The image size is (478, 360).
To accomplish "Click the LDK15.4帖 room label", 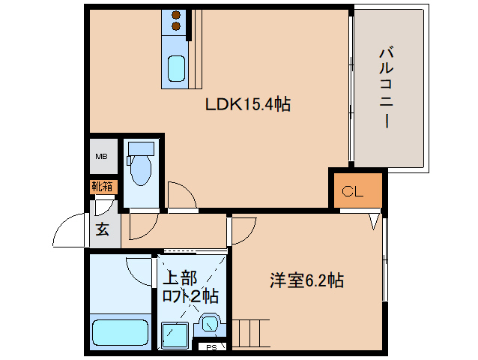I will click(248, 105).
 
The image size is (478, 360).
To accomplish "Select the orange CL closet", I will click(353, 192).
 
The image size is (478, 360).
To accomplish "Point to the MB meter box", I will click(101, 157).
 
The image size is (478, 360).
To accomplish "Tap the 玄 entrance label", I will click(102, 229).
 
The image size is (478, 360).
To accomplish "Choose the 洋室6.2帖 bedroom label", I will click(307, 280).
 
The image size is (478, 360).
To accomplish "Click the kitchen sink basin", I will click(177, 69).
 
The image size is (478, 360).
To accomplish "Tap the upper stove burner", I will click(177, 15).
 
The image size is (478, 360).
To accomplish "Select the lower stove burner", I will click(177, 27).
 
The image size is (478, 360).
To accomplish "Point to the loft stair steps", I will click(252, 330).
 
